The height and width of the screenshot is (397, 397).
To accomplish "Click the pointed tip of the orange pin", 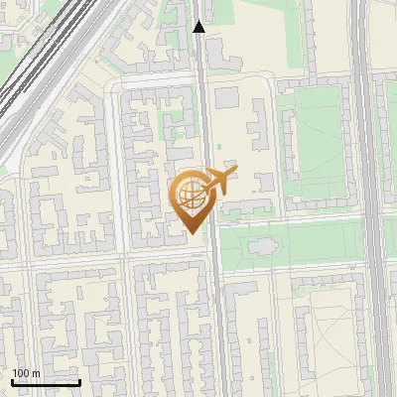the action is click(191, 233).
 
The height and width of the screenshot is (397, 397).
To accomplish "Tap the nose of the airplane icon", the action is click(237, 170).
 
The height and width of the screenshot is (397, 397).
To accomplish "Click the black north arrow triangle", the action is click(198, 27).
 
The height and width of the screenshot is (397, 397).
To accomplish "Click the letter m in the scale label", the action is click(35, 373).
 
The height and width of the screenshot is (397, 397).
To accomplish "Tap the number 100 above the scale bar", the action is click(21, 373).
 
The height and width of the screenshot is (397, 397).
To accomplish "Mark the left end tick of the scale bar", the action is click(13, 381).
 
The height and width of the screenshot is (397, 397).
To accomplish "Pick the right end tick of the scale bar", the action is click(79, 381).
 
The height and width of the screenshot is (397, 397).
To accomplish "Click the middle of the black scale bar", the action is click(46, 382).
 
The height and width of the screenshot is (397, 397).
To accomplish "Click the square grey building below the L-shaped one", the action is click(226, 97).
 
